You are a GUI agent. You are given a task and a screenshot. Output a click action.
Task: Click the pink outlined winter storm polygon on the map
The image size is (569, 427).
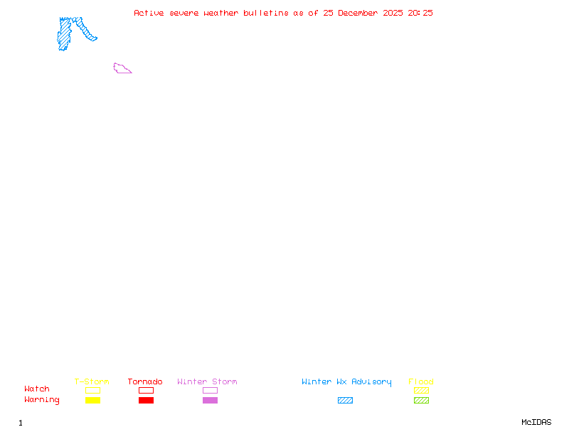tap(122, 69)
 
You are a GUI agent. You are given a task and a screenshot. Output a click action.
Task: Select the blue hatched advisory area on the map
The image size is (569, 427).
tap(65, 34)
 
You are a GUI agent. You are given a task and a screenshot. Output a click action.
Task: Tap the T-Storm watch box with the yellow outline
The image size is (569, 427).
tap(92, 390)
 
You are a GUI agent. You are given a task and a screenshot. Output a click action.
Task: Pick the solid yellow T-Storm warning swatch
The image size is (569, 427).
tap(92, 400)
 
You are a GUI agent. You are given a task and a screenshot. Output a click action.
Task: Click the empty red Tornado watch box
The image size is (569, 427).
tap(146, 390)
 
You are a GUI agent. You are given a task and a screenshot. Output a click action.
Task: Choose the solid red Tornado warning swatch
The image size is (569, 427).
tap(146, 400)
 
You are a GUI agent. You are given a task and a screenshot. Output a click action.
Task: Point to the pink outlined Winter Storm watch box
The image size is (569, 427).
tap(210, 390)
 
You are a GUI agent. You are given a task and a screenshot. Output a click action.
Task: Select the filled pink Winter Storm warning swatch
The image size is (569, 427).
tap(210, 400)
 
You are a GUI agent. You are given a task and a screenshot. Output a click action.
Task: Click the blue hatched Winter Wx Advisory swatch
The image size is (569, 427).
tap(345, 400)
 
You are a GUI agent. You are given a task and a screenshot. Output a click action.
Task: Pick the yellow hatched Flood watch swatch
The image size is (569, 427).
tap(421, 390)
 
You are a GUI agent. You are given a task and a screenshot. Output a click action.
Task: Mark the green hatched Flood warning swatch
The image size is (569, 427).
tap(421, 400)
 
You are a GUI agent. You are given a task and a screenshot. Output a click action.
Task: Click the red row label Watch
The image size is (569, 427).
tap(37, 389)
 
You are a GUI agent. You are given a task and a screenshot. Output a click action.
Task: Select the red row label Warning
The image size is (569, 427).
tap(42, 400)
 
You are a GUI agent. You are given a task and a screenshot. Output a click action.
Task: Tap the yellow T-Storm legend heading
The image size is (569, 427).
tap(92, 382)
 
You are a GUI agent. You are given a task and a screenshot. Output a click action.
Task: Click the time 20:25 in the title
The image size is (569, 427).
tap(420, 13)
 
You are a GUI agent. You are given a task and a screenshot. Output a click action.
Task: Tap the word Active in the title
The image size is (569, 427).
tap(149, 13)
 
